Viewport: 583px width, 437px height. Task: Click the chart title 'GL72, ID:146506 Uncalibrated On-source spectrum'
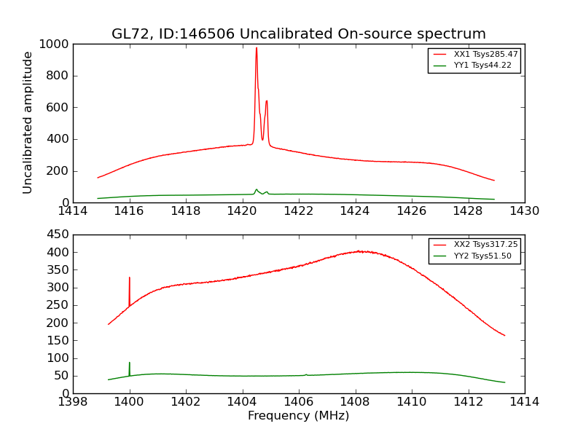(x=298, y=34)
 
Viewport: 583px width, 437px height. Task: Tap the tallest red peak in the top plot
(x=257, y=50)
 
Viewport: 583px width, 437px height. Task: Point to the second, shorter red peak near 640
(x=267, y=102)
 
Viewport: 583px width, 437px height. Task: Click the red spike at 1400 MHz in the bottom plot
(x=130, y=279)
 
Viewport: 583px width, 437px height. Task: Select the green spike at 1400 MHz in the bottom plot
(x=130, y=363)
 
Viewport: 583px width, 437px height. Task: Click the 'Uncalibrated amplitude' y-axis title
(x=28, y=122)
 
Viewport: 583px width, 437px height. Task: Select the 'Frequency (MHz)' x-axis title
(x=298, y=416)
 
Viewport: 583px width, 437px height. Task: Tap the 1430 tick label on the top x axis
(x=524, y=211)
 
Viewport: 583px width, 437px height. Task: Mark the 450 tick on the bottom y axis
(x=60, y=235)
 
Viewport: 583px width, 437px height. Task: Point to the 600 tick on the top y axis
(x=60, y=107)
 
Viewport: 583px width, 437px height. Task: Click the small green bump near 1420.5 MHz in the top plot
(x=257, y=190)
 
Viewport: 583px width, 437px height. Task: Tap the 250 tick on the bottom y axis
(x=60, y=305)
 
